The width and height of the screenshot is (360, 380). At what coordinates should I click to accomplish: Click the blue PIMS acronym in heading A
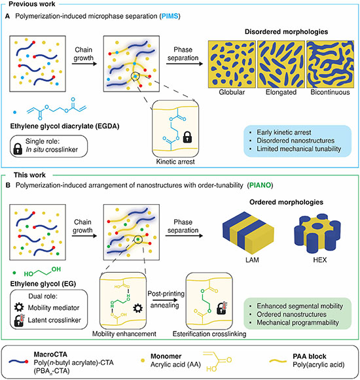(170, 16)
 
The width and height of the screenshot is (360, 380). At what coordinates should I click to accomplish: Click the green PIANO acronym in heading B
(260, 185)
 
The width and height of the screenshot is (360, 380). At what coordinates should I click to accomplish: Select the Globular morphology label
(232, 92)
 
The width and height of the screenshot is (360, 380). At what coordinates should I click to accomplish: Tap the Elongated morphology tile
(281, 64)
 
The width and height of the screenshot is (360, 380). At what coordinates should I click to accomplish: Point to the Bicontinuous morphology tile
(330, 64)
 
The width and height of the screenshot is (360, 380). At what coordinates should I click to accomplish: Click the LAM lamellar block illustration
(248, 232)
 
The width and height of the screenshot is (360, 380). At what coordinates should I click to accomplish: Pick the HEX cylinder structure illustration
(317, 233)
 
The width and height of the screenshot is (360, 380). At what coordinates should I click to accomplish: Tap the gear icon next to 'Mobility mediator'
(19, 307)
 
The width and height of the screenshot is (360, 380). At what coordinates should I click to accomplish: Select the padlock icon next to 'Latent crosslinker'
(19, 320)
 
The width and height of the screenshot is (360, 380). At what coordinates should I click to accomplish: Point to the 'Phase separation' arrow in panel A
(185, 63)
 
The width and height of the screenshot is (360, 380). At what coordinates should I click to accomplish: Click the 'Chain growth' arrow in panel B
(84, 236)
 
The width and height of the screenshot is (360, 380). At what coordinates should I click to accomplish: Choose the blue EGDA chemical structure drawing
(56, 109)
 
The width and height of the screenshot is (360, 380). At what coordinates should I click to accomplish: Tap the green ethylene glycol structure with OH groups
(42, 272)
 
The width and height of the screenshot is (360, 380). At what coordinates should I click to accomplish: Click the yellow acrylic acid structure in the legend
(217, 361)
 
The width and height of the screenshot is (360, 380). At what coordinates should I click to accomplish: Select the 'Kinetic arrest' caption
(175, 162)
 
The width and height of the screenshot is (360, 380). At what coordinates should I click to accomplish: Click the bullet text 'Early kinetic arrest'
(284, 132)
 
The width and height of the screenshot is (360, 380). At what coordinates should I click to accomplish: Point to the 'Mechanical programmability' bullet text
(298, 322)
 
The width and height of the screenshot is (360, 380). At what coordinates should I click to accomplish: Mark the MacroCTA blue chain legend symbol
(18, 362)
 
